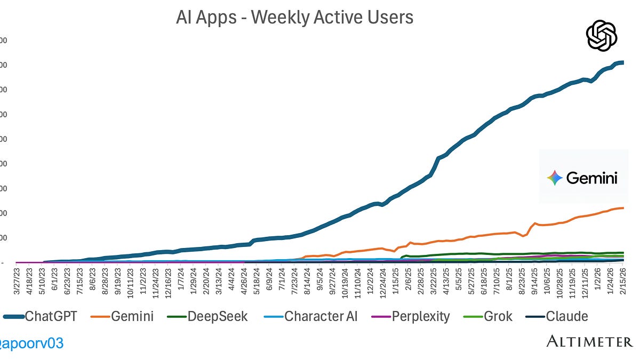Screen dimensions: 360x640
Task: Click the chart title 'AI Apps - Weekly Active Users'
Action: tap(294, 18)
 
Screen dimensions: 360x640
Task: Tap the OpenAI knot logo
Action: tap(602, 36)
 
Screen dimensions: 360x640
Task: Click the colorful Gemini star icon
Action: tap(555, 178)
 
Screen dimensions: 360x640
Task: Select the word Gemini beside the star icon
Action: tap(591, 178)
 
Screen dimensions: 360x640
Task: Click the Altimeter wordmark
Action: tap(589, 341)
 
